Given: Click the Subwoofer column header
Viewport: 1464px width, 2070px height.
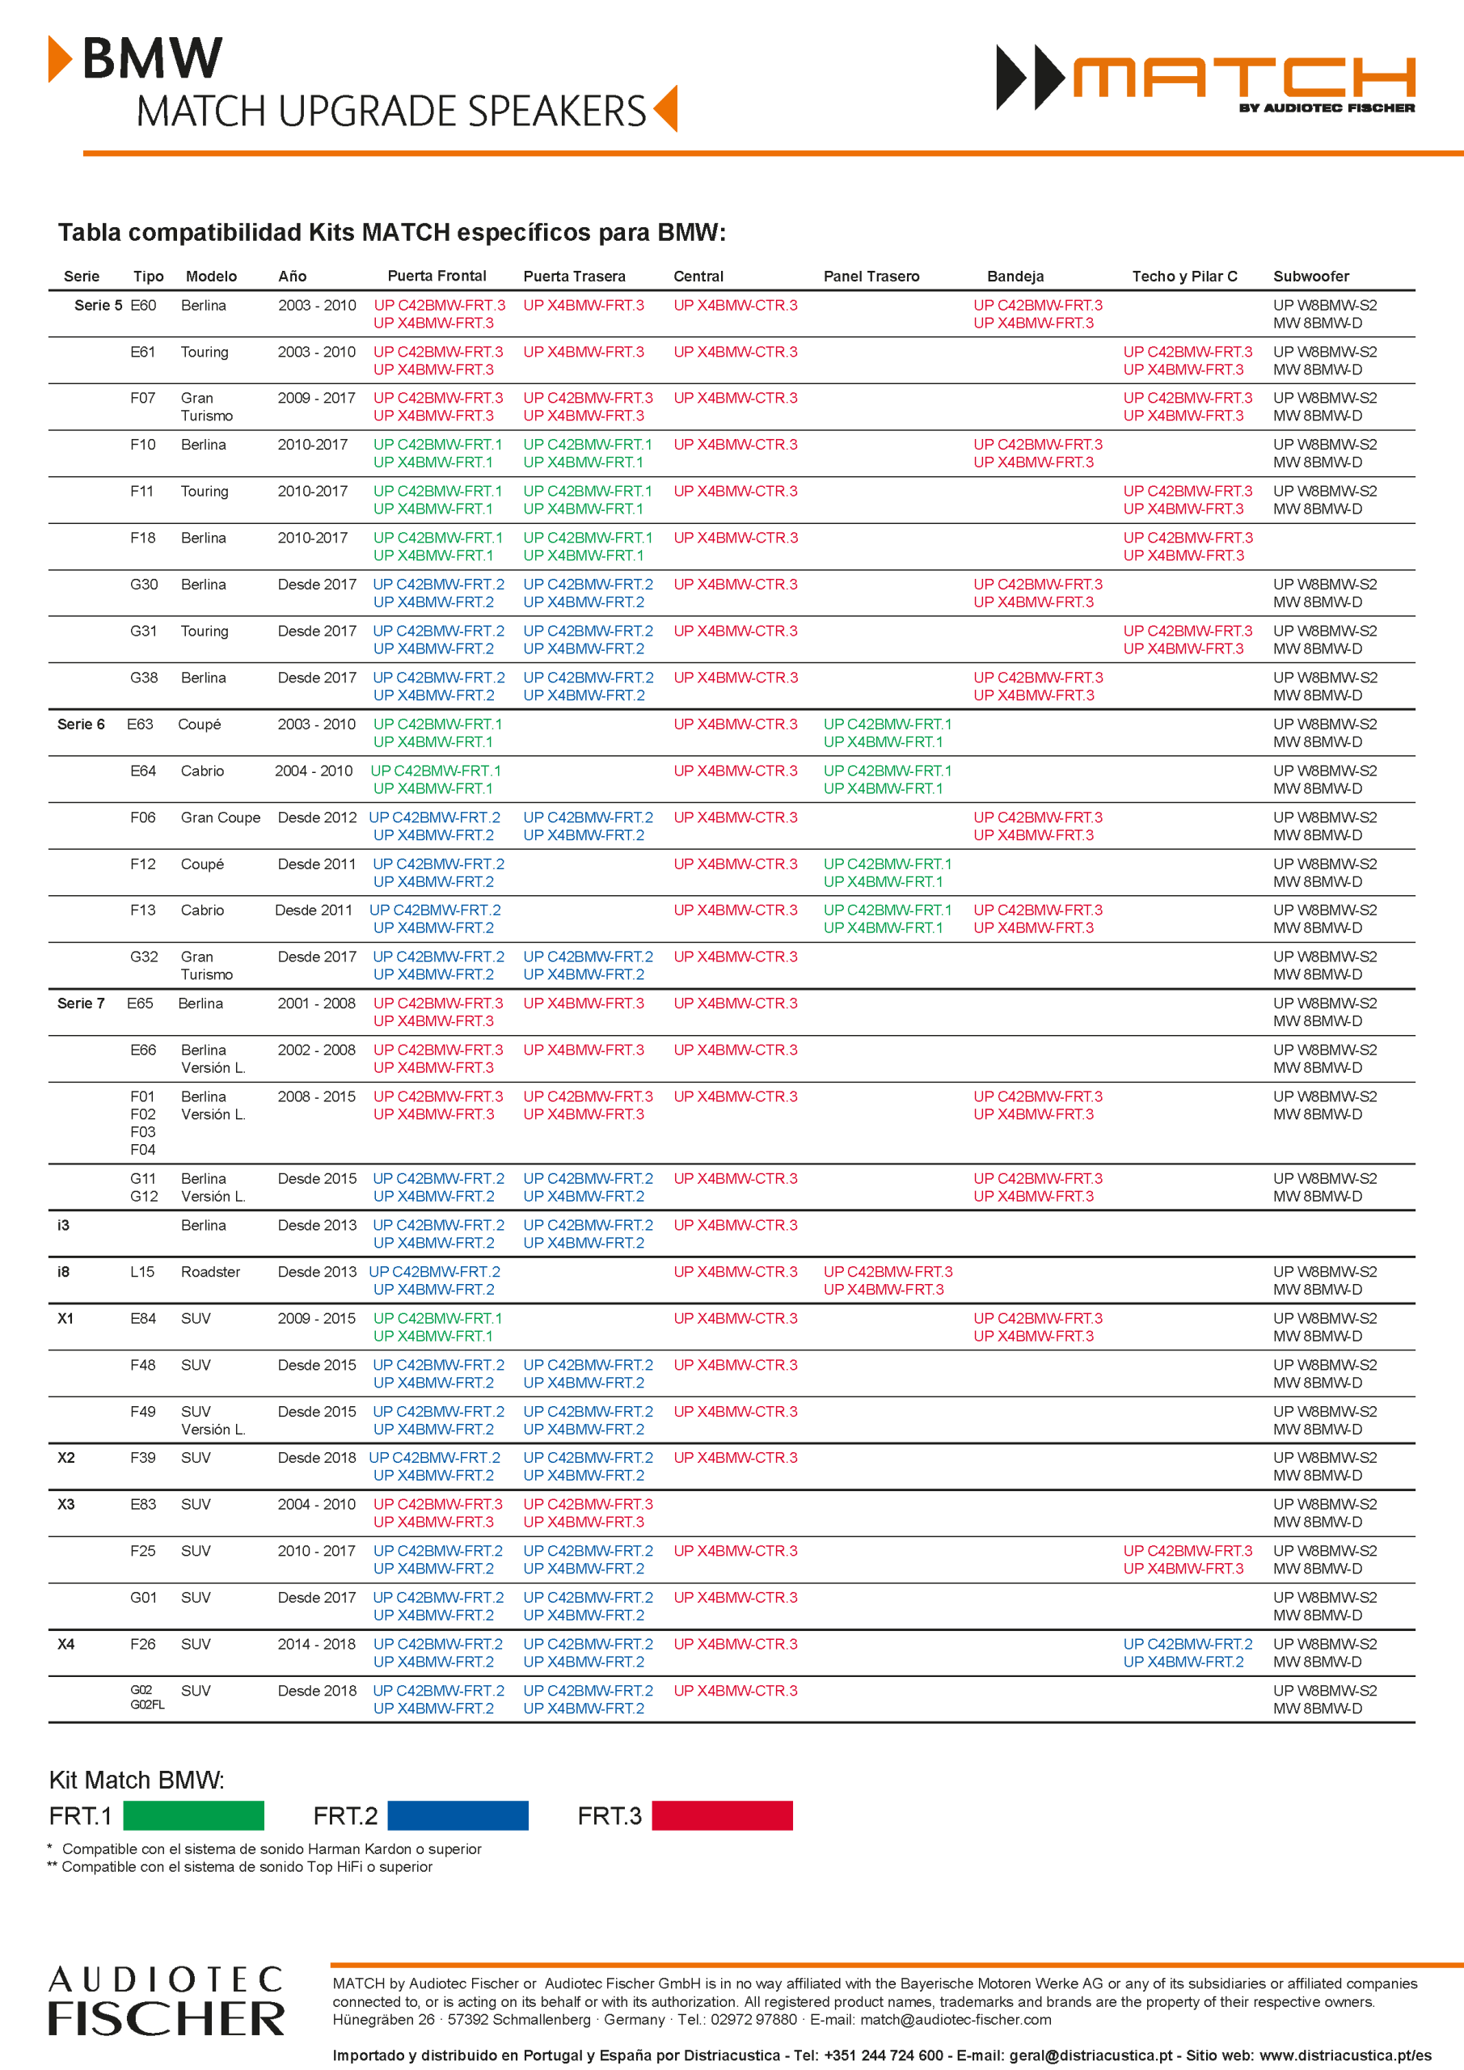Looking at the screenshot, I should (x=1310, y=276).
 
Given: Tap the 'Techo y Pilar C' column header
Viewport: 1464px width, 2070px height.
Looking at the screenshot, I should (x=1184, y=276).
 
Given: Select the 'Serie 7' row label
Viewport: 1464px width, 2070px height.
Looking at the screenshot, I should (x=81, y=1003).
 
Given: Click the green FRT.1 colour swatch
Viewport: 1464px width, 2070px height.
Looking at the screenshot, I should (x=193, y=1814).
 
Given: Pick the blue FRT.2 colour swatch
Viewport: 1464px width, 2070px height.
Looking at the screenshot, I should (x=458, y=1814).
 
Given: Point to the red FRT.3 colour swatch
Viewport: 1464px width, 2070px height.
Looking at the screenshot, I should (x=722, y=1814).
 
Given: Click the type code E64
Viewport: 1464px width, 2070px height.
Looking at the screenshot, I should (x=142, y=771).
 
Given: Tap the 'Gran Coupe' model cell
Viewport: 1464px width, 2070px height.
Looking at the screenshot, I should (x=220, y=817).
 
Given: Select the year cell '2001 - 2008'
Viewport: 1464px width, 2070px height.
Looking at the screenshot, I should (x=316, y=1003).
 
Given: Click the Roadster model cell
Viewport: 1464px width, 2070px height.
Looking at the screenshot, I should (x=210, y=1272).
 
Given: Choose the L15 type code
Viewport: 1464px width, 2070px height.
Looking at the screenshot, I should (x=142, y=1272).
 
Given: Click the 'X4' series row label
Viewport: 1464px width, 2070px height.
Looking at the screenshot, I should (x=65, y=1645).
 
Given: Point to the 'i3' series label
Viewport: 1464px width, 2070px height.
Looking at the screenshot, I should (x=63, y=1225).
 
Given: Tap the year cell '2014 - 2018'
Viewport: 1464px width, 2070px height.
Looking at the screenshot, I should (x=316, y=1645).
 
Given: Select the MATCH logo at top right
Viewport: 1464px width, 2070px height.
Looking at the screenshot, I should (x=1205, y=78).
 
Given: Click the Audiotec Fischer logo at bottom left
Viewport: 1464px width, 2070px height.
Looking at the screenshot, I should (x=166, y=2000).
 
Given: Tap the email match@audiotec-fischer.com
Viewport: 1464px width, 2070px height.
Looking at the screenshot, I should (x=956, y=2020).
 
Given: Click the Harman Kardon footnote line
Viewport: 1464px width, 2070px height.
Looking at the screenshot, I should (x=272, y=1849).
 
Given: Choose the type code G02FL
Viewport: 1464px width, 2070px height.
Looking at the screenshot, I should (x=147, y=1705).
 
